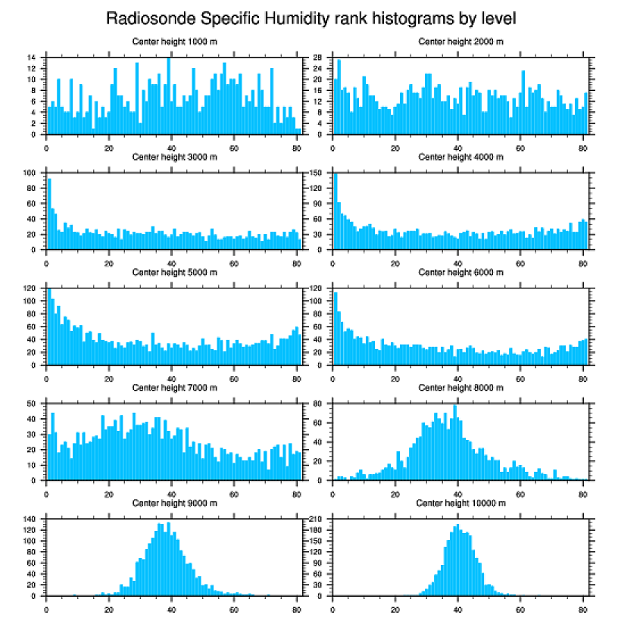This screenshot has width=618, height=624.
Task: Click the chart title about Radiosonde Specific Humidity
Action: tap(311, 17)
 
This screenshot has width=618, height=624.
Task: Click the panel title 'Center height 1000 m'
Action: tap(174, 42)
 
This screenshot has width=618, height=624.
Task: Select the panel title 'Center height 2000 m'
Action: tap(460, 42)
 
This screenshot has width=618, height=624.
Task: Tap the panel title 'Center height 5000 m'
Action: tap(174, 272)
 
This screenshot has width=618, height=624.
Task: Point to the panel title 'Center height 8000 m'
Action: tap(460, 387)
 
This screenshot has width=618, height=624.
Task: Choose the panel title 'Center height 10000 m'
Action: tap(460, 503)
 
